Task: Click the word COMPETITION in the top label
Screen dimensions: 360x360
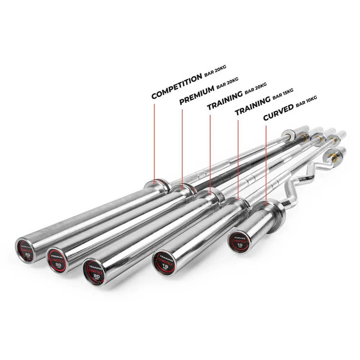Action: coord(176,86)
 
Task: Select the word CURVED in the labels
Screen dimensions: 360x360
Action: coord(278,113)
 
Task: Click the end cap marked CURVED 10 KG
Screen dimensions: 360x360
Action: coord(239,242)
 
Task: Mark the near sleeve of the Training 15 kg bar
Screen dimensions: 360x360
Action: coord(202,234)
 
